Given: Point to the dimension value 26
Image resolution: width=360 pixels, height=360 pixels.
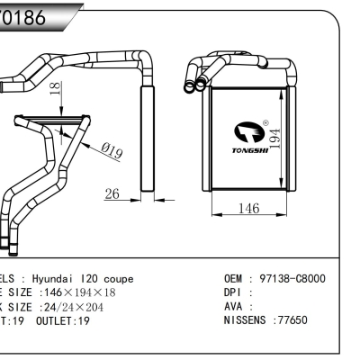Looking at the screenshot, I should pos(113,194).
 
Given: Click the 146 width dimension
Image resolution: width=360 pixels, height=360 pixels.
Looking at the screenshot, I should pos(248,209).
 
